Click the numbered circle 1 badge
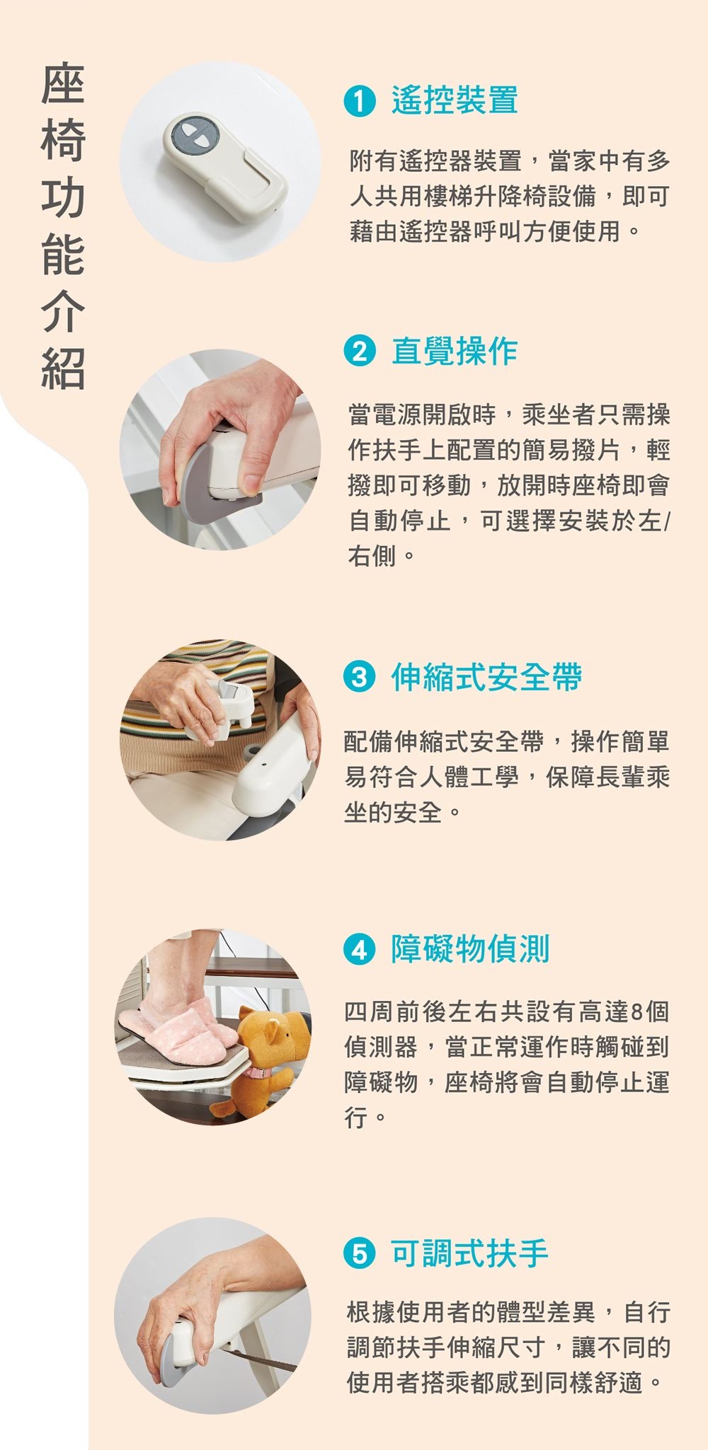click(359, 101)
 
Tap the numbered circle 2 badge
click(359, 351)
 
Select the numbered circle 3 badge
click(359, 678)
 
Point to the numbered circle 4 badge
click(359, 949)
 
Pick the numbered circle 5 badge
click(359, 1254)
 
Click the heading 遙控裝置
click(455, 100)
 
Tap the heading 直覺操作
click(455, 351)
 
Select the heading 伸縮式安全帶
click(486, 678)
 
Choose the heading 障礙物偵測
click(470, 949)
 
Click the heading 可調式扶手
click(470, 1254)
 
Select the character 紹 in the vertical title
click(63, 369)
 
